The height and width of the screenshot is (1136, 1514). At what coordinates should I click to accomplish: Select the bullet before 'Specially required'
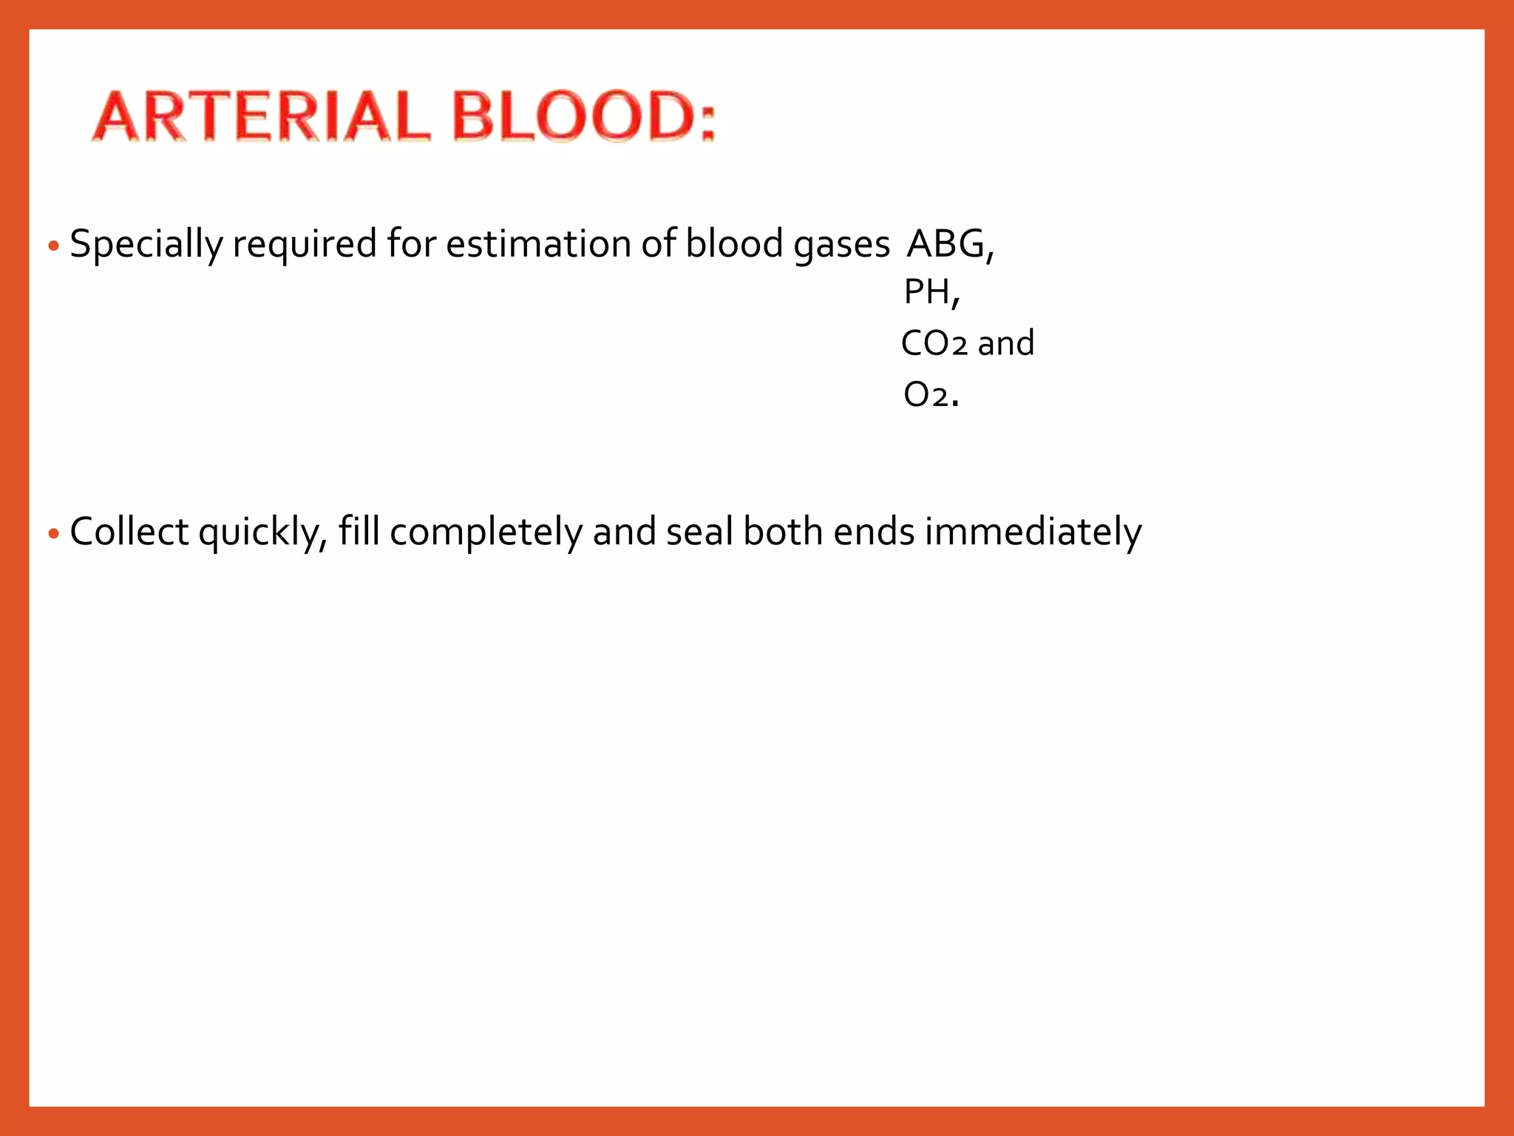(52, 246)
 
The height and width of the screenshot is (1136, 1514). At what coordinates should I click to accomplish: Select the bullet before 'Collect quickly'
(52, 533)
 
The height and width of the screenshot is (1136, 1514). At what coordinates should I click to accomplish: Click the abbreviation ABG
(946, 243)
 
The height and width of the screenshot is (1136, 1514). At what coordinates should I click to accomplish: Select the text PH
(927, 292)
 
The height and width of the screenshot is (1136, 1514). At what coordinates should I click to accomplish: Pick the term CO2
(934, 343)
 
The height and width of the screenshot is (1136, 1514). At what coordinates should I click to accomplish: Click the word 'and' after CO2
(1005, 343)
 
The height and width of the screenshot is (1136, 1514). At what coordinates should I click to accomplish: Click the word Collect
(129, 532)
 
